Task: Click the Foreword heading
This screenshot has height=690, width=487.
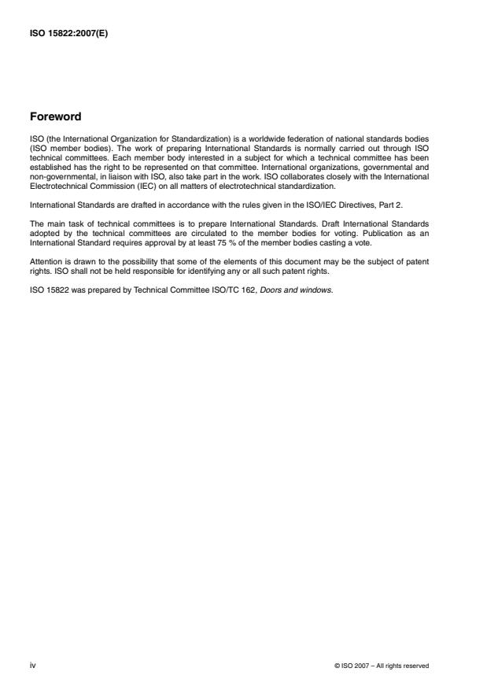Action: coord(55,116)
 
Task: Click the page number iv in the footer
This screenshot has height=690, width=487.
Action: coord(31,665)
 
